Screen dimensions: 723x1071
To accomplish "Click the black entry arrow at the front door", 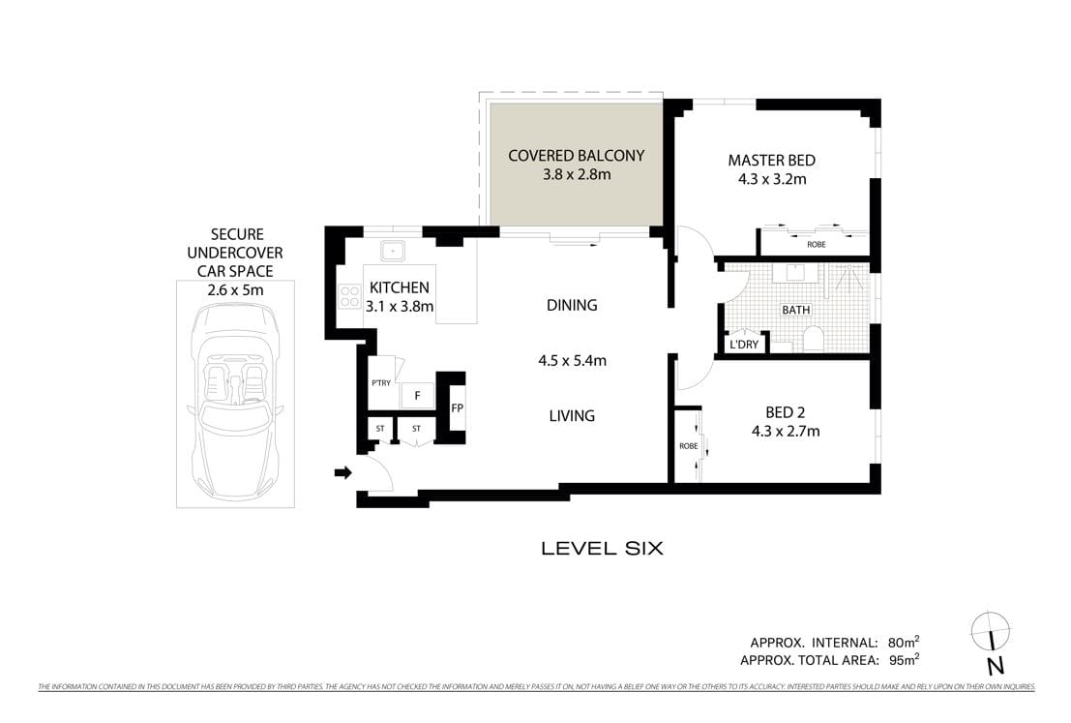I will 342,472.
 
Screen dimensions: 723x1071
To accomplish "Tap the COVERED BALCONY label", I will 576,155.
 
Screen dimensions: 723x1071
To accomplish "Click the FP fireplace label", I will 458,408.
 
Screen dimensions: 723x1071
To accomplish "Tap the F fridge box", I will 417,396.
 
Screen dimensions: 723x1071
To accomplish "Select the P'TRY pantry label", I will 381,385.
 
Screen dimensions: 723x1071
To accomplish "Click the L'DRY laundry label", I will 743,344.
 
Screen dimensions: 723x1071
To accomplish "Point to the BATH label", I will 796,311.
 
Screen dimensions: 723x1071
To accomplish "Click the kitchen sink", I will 394,250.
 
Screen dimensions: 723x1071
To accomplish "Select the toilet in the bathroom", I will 813,339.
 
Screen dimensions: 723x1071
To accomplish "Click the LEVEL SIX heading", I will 602,549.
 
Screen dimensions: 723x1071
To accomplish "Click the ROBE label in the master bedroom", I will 816,245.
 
